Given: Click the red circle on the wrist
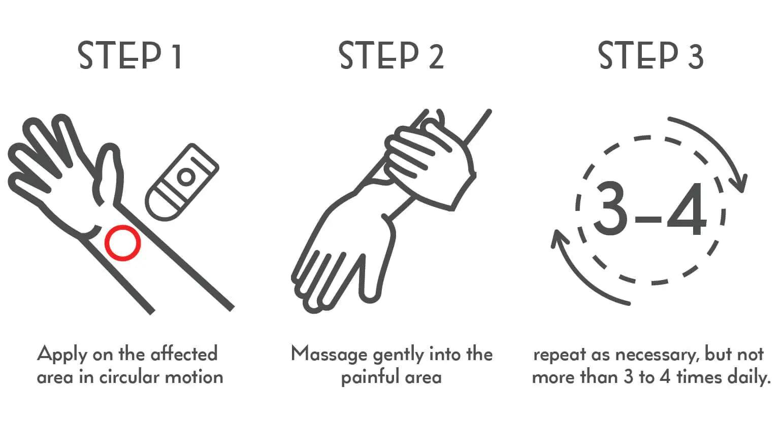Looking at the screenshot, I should pyautogui.click(x=122, y=243).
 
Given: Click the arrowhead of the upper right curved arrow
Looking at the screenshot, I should pyautogui.click(x=741, y=184).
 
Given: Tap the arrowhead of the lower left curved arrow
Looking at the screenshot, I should pyautogui.click(x=559, y=238).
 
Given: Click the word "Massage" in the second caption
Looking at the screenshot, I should pyautogui.click(x=329, y=355).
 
